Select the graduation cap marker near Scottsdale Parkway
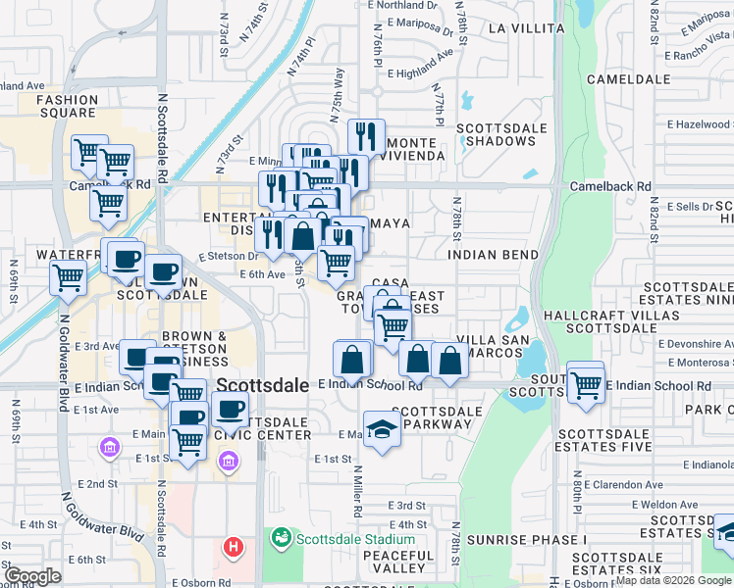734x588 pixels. click(381, 427)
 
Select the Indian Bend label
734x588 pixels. click(493, 255)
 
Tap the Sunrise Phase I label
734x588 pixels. click(526, 540)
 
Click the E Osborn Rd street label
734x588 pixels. click(200, 580)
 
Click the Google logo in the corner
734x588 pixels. click(32, 576)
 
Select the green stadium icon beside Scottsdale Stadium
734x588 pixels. click(282, 538)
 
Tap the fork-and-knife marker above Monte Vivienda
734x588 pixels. click(366, 135)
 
